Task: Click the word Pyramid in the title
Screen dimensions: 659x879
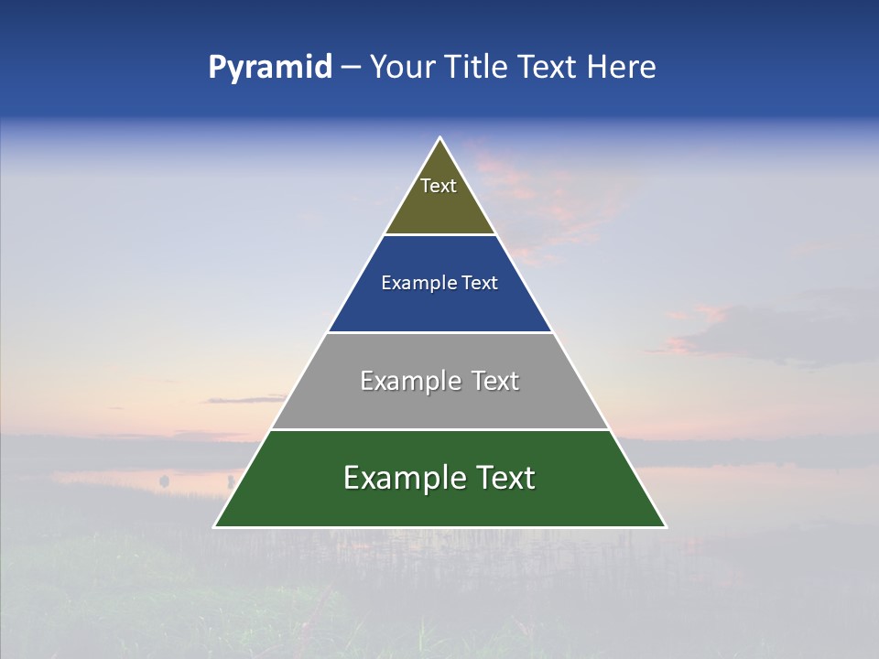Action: (x=270, y=68)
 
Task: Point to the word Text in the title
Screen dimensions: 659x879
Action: (x=548, y=68)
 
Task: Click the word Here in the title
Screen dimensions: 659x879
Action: (x=622, y=68)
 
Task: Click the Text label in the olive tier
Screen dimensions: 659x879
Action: (x=439, y=186)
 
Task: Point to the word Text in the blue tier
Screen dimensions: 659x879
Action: (x=481, y=284)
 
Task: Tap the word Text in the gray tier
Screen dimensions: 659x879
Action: (x=496, y=381)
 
